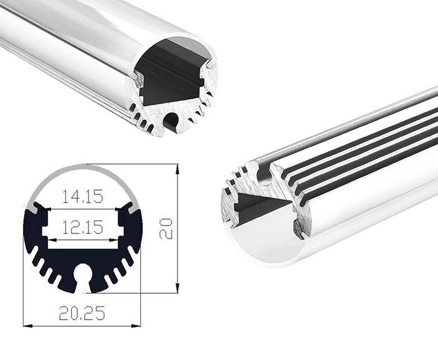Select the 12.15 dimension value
pos(82,228)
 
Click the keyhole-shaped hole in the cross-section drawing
pos(82,275)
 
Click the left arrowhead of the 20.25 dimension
pos(26,325)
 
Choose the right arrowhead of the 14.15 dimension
pos(121,208)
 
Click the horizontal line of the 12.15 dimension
pos(82,240)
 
